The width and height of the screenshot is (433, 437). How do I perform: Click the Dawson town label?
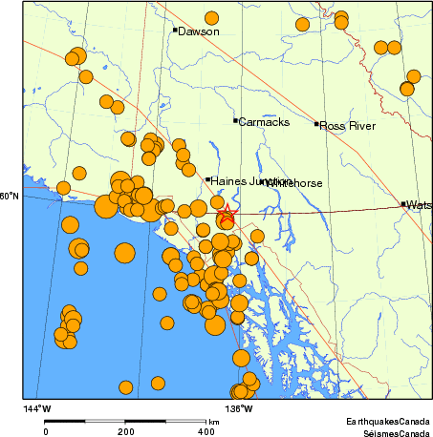tap(199, 31)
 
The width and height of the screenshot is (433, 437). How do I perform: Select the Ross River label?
tap(347, 125)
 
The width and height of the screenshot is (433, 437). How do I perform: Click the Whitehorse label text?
tap(292, 182)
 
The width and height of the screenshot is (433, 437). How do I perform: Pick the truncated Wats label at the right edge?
tap(419, 205)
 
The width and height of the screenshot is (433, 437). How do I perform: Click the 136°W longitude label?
tap(238, 409)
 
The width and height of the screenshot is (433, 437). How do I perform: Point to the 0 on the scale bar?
tap(45, 431)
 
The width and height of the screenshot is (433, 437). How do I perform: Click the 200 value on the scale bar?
tap(125, 431)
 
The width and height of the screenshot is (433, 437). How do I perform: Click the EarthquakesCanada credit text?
tap(388, 421)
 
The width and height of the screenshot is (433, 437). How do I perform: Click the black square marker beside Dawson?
tap(175, 30)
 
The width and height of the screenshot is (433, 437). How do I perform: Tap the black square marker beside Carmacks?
tap(235, 120)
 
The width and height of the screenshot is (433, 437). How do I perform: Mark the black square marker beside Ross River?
tap(316, 124)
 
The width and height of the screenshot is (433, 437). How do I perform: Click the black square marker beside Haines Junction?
tap(207, 178)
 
